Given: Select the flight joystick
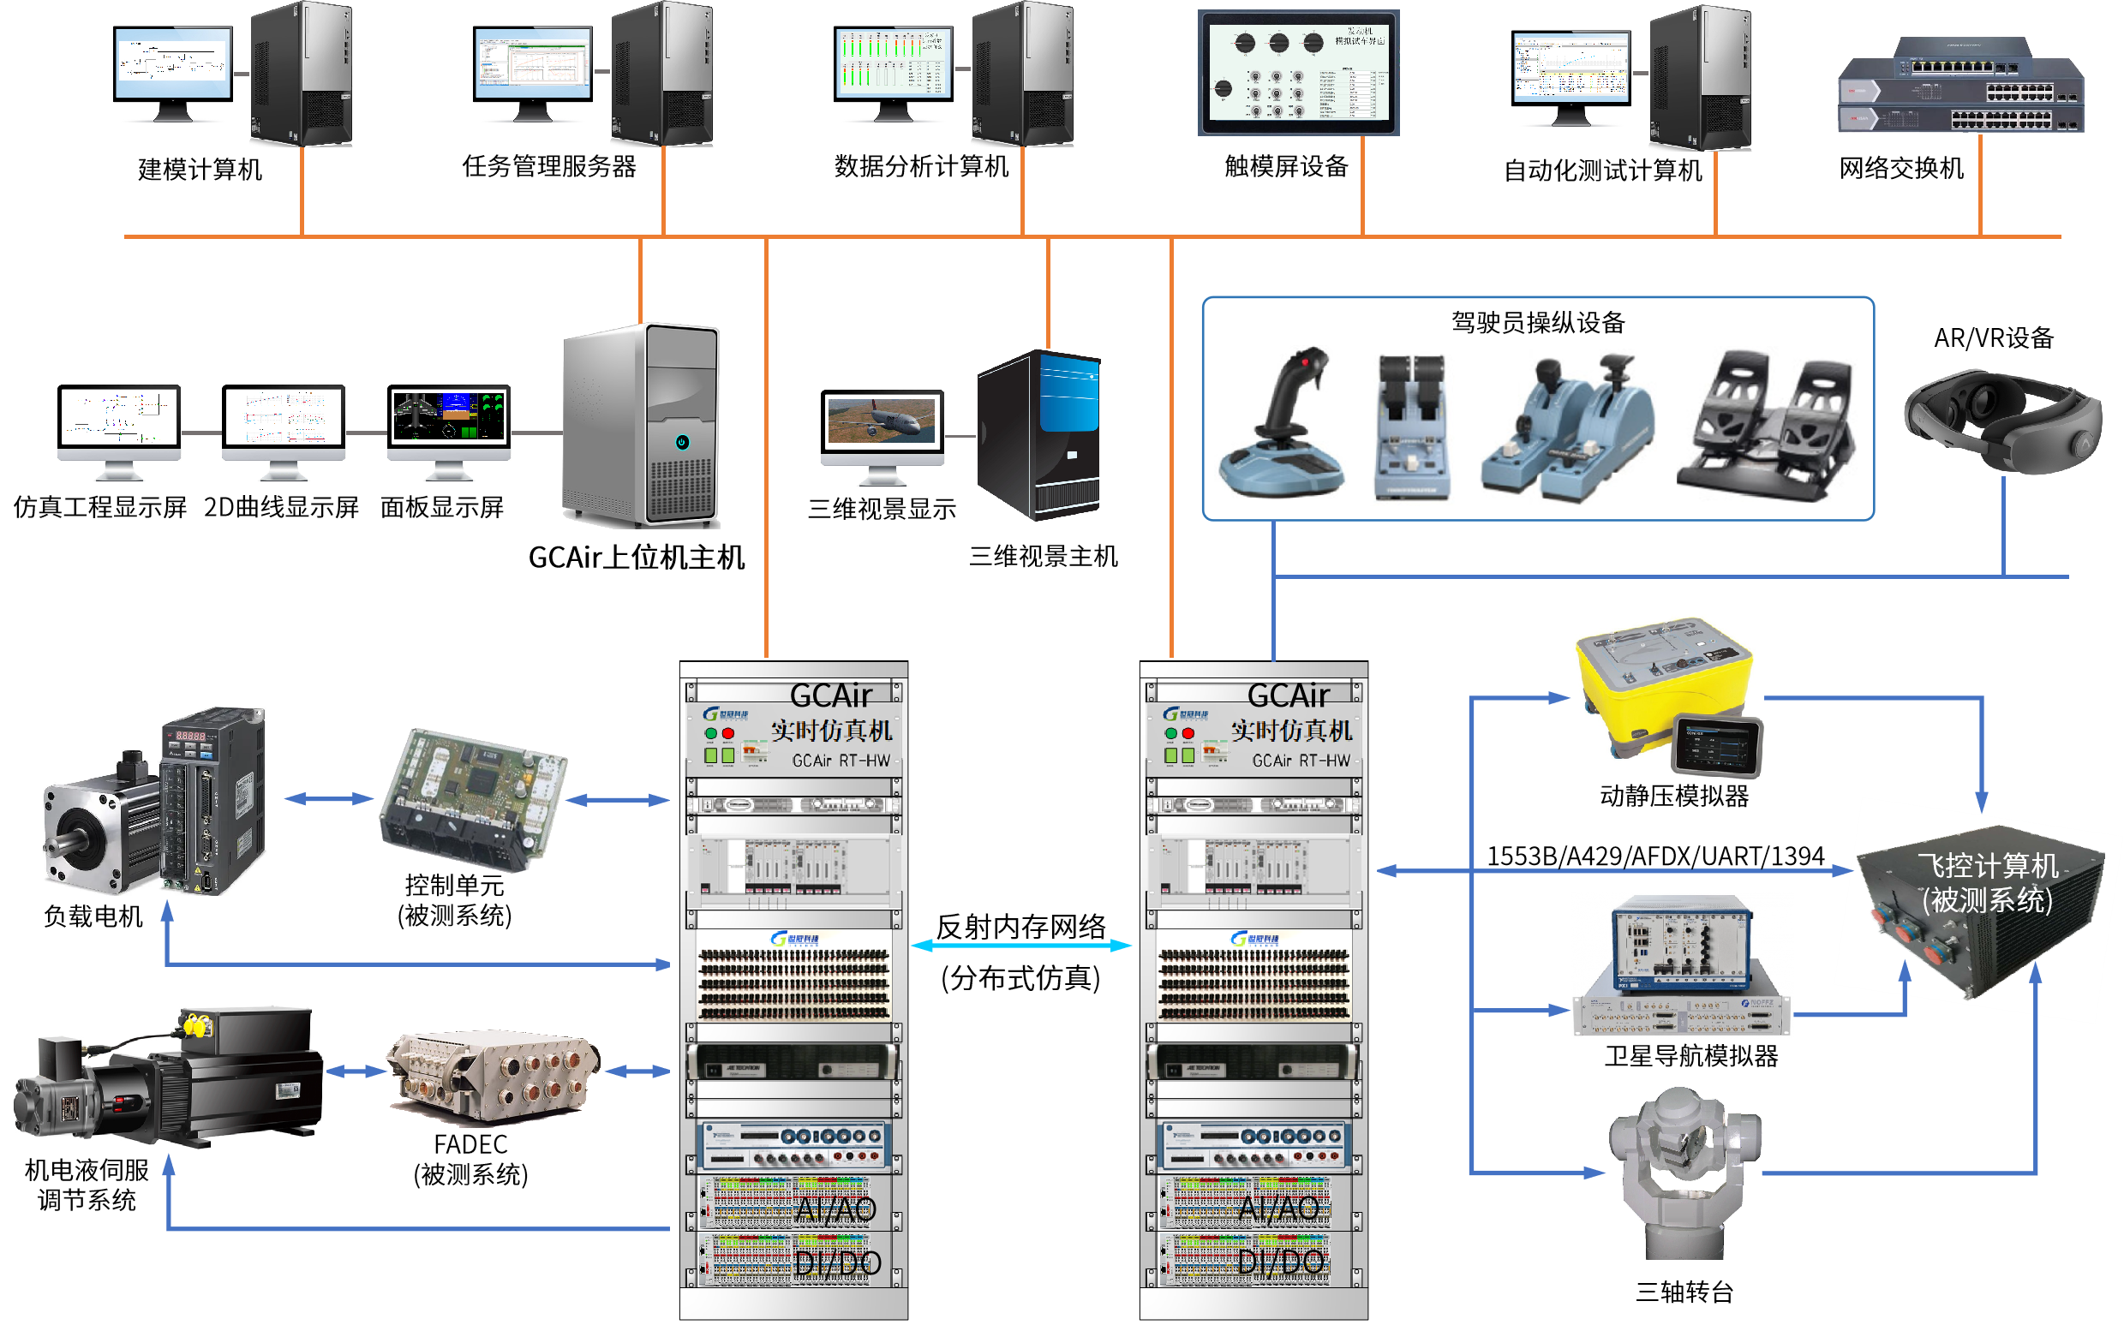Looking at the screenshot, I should point(1281,421).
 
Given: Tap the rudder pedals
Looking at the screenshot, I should point(1768,424).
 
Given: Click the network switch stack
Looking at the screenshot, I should point(1961,87).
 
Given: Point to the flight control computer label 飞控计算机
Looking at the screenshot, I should point(1988,866).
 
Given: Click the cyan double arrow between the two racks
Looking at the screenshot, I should point(1022,946).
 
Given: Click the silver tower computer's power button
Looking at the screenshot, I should point(682,442).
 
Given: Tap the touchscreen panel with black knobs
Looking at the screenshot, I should point(1298,73).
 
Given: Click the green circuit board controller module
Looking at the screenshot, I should point(473,799).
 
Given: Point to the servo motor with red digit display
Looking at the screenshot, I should point(155,801).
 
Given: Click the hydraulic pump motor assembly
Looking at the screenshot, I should point(167,1076).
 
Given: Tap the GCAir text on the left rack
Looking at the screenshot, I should point(829,695).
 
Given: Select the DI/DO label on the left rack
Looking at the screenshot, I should point(836,1263).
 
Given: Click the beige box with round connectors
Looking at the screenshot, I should point(494,1076).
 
